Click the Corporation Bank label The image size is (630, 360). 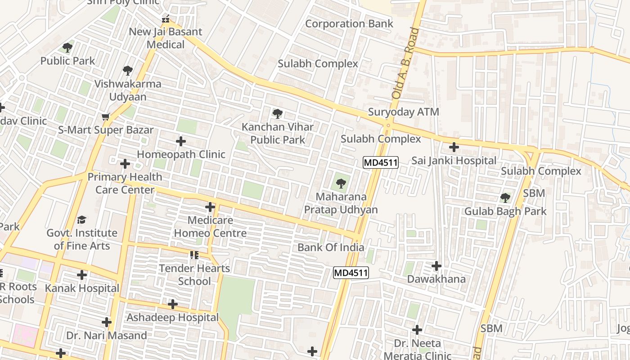click(x=349, y=24)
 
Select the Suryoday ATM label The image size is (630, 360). click(x=403, y=112)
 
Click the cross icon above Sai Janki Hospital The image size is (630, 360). click(x=454, y=147)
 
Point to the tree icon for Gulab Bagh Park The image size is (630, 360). click(x=505, y=198)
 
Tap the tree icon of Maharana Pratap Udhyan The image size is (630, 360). click(x=341, y=183)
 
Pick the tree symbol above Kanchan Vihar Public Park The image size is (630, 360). click(x=278, y=113)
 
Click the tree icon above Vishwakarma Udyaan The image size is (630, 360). click(x=128, y=70)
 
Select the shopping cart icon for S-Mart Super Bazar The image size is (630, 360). click(x=106, y=117)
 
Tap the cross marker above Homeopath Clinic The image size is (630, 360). click(x=181, y=142)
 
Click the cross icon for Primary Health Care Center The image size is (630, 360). click(x=125, y=164)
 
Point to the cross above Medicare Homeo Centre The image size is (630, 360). click(x=210, y=207)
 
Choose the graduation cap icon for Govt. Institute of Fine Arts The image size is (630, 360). click(x=81, y=220)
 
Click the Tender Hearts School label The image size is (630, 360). click(x=194, y=274)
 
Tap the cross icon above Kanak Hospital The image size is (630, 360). click(x=82, y=275)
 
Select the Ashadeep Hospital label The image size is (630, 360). click(x=172, y=317)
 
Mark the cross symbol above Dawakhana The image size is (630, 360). click(x=436, y=266)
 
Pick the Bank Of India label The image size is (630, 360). click(x=331, y=247)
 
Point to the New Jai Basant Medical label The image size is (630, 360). click(x=166, y=38)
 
